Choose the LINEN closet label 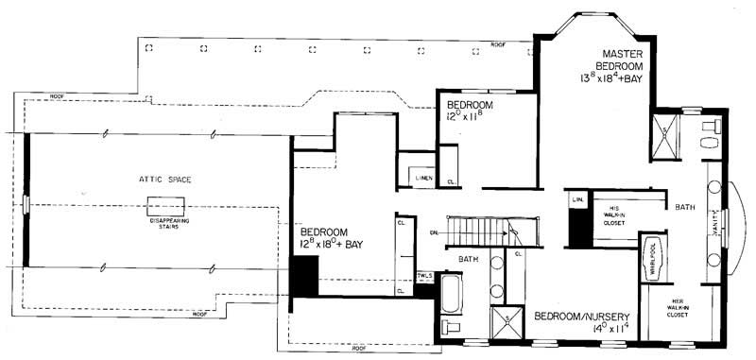click(x=421, y=176)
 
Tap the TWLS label click(x=423, y=275)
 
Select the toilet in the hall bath click(x=453, y=328)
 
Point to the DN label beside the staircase click(x=435, y=232)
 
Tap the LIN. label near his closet click(x=578, y=200)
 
